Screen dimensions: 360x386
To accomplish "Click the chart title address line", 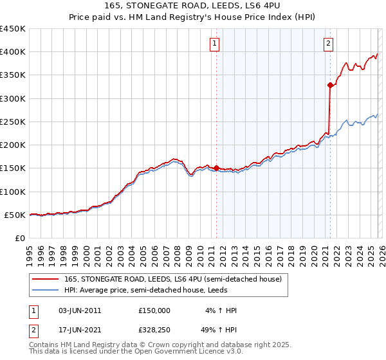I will pyautogui.click(x=193, y=6).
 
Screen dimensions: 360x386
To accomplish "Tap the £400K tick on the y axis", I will pyautogui.click(x=12, y=52).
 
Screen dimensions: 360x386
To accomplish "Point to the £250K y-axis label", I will pyautogui.click(x=12, y=122).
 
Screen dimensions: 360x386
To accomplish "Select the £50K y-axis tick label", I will pyautogui.click(x=15, y=215).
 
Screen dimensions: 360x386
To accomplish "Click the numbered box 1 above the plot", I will pyautogui.click(x=214, y=44).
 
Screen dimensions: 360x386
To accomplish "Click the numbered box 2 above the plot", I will pyautogui.click(x=328, y=44).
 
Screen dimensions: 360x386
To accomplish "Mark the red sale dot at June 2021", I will pyautogui.click(x=330, y=85).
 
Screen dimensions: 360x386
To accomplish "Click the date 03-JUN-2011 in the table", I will pyautogui.click(x=80, y=310).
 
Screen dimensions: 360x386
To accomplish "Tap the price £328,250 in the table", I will pyautogui.click(x=154, y=331).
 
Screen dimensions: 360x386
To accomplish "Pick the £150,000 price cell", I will pyautogui.click(x=154, y=310).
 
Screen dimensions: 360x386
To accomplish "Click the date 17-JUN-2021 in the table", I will pyautogui.click(x=80, y=331).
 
